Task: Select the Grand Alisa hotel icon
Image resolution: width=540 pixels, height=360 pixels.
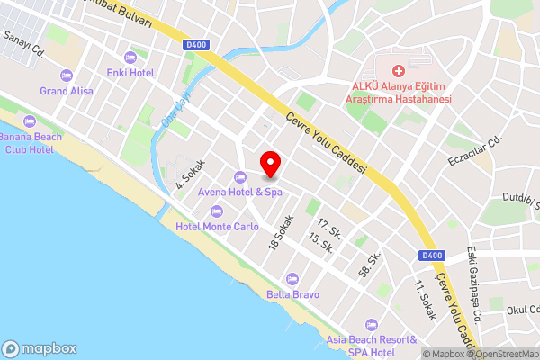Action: coord(65,76)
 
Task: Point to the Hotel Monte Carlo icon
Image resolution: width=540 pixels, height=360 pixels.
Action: coord(217,211)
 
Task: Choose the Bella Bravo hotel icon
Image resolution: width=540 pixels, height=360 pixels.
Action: coord(291,279)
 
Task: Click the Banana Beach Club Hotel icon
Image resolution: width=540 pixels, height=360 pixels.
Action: coord(29,121)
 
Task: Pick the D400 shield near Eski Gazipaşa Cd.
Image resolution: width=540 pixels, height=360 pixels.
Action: coord(432,256)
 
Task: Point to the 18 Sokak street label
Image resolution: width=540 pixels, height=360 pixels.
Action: coord(282,233)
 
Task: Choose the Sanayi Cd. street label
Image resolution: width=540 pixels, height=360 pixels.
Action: coord(24,43)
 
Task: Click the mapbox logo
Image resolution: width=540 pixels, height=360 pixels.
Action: coord(40,348)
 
